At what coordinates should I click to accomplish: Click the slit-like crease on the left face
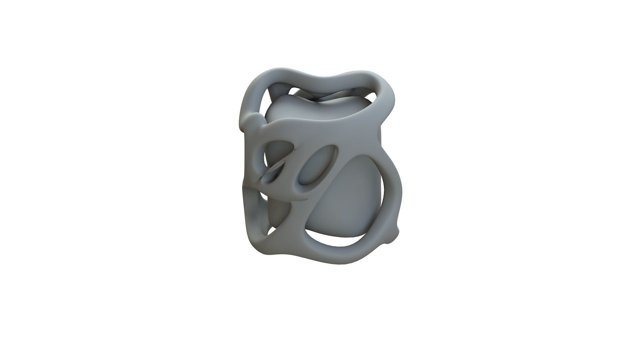[x=273, y=173]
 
